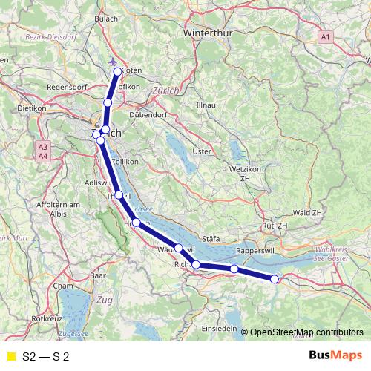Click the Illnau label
(205, 105)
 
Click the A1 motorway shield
(326, 36)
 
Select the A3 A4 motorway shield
(43, 151)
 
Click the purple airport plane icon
(112, 62)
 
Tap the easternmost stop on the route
(275, 279)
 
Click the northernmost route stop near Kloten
(117, 71)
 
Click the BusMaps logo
(335, 356)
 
